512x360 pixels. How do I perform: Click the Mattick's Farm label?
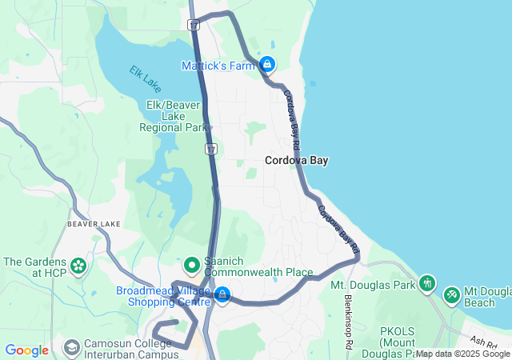(x=218, y=65)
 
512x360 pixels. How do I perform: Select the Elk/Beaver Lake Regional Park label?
(x=173, y=116)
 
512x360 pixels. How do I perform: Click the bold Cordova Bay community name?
(x=297, y=160)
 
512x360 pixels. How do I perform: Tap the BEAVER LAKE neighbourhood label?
(x=94, y=224)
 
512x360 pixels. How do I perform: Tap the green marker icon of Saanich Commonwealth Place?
(x=192, y=263)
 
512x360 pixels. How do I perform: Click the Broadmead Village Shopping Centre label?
(x=163, y=295)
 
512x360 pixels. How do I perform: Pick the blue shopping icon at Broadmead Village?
(x=222, y=295)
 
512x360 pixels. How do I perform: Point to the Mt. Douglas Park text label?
(x=373, y=285)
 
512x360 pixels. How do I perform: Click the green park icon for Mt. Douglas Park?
(x=428, y=283)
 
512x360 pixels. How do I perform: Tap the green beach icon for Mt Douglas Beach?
(x=452, y=295)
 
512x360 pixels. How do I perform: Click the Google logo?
(x=27, y=350)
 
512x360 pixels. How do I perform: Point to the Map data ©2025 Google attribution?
(x=462, y=354)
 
